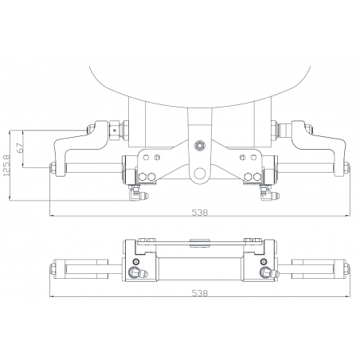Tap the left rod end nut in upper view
[x=52, y=168]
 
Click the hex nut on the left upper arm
[x=116, y=127]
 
